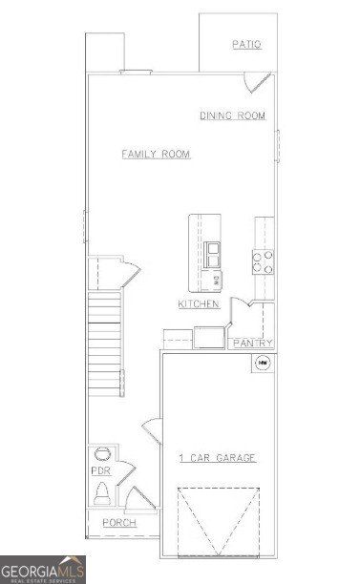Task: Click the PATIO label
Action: click(246, 45)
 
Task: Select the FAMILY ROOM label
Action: click(156, 154)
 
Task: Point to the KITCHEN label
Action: click(199, 304)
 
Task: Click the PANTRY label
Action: click(253, 344)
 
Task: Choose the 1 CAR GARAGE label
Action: click(218, 459)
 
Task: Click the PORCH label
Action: click(119, 523)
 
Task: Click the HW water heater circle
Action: click(261, 363)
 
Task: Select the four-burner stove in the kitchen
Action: click(263, 261)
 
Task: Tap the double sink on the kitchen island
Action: click(212, 254)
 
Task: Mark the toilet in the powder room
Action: click(102, 495)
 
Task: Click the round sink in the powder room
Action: click(102, 454)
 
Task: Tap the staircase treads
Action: click(105, 344)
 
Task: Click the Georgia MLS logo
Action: click(42, 569)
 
